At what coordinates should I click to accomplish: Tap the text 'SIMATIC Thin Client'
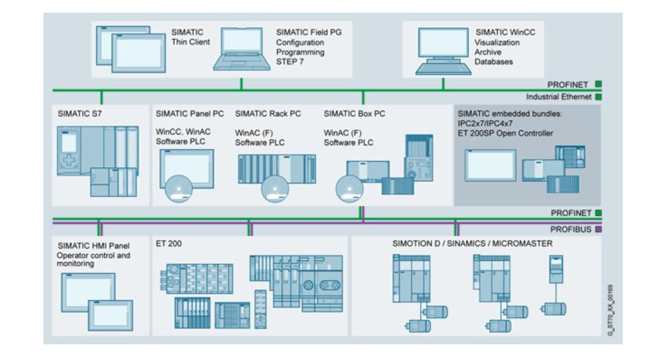(191, 37)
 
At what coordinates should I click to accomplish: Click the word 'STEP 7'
(290, 62)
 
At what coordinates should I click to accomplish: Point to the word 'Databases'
(493, 62)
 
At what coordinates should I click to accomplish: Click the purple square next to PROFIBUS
(598, 230)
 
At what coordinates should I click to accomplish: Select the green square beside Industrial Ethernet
(598, 96)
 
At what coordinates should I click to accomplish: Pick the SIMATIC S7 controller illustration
(97, 160)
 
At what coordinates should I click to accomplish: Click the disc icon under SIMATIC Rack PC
(275, 188)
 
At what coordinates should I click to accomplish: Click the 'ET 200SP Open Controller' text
(505, 133)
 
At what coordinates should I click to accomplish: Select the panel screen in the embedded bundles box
(489, 165)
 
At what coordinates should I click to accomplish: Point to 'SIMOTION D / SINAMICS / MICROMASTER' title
(472, 244)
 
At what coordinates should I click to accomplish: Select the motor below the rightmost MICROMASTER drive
(554, 308)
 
